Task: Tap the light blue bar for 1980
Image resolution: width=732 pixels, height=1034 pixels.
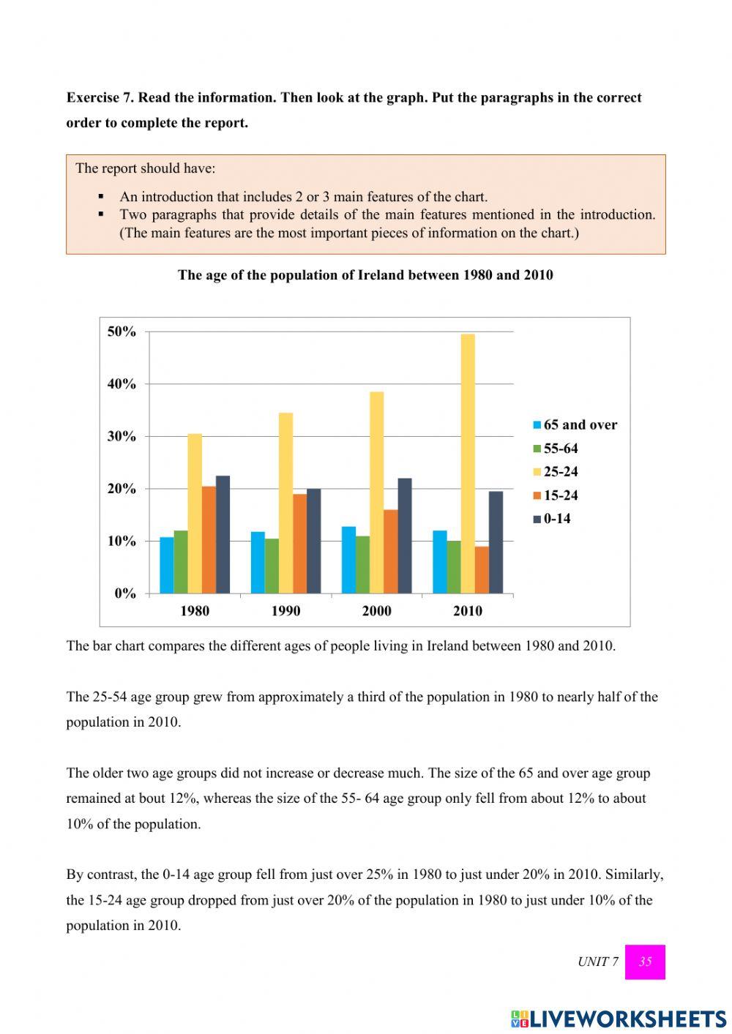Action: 167,565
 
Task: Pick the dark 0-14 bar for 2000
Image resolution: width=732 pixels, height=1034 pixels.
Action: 404,536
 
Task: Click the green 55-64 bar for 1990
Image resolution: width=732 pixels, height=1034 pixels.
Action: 272,566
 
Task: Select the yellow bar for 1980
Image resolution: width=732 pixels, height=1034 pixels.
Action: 195,513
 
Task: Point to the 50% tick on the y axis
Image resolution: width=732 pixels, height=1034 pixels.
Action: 122,332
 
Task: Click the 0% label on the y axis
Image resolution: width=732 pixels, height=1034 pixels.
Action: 125,593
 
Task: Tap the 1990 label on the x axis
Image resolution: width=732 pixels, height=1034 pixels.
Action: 285,611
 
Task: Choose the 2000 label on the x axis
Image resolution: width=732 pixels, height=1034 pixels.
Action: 376,611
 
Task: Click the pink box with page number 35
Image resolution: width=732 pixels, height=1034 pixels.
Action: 645,962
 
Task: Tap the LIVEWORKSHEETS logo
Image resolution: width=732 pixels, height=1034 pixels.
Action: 619,1019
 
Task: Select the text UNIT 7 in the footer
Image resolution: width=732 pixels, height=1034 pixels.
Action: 598,962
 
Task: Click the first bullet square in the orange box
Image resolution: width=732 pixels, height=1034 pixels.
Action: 102,197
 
